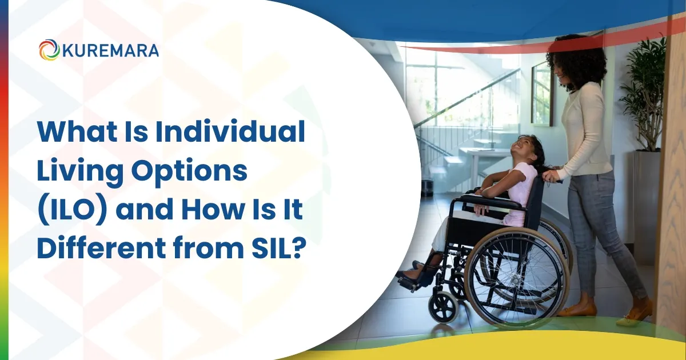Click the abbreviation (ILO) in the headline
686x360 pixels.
[72, 211]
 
